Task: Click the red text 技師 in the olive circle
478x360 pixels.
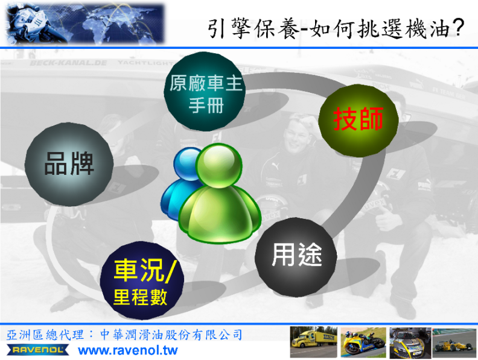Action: coord(358,119)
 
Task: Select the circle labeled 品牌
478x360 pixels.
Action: coord(69,164)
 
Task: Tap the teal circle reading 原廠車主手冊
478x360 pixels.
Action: coord(205,92)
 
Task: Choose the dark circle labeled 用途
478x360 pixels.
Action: coord(296,257)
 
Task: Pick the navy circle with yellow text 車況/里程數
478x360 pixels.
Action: coord(142,280)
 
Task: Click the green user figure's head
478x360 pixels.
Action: coord(219,165)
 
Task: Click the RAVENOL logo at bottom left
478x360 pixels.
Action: coord(38,350)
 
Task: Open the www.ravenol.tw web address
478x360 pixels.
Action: coord(128,350)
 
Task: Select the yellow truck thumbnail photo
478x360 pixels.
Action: coord(314,342)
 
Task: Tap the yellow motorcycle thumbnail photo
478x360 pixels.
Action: coord(363,342)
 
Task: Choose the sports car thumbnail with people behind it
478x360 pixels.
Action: coord(410,343)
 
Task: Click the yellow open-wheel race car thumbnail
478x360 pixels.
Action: coord(454,343)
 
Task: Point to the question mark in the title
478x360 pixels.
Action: coord(458,27)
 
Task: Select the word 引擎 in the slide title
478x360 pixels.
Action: coord(229,28)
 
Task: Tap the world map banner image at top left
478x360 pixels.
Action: coord(85,23)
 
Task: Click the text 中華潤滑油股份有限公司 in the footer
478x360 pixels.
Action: coord(171,335)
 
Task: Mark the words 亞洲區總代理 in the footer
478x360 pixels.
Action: coord(45,335)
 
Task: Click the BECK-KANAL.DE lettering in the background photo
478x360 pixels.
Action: coord(68,63)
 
